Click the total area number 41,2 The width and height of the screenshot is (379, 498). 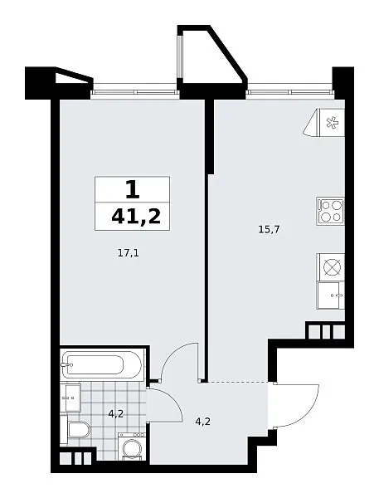[136, 217]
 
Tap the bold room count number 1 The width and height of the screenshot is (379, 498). [133, 189]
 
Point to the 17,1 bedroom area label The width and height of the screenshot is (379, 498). [129, 253]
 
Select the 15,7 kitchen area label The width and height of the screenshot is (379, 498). [269, 229]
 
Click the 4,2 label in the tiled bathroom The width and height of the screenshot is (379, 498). [115, 413]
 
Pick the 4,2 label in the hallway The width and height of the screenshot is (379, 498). [203, 422]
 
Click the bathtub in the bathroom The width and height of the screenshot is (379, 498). [101, 364]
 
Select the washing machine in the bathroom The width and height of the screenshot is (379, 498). [131, 446]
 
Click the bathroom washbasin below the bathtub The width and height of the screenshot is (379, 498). [70, 398]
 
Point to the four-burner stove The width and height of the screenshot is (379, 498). [330, 211]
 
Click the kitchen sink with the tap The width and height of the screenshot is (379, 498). [330, 295]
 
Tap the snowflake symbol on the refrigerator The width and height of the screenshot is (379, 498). [332, 123]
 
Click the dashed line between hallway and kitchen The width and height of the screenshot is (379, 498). [237, 382]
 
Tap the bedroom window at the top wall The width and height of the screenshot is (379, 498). [135, 92]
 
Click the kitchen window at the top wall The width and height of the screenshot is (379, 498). [290, 92]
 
